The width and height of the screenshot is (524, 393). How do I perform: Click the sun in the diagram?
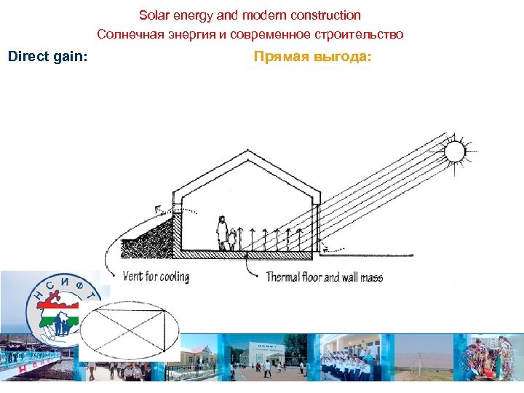tap(455, 151)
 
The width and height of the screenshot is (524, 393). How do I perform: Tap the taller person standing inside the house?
tap(221, 232)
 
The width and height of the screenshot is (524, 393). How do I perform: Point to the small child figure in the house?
tap(231, 239)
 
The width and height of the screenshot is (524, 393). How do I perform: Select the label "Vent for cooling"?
tap(156, 277)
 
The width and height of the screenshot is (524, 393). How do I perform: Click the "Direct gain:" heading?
tap(47, 56)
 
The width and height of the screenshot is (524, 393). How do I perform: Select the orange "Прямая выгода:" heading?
tap(312, 56)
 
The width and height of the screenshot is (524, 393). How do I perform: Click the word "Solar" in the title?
tap(153, 15)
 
